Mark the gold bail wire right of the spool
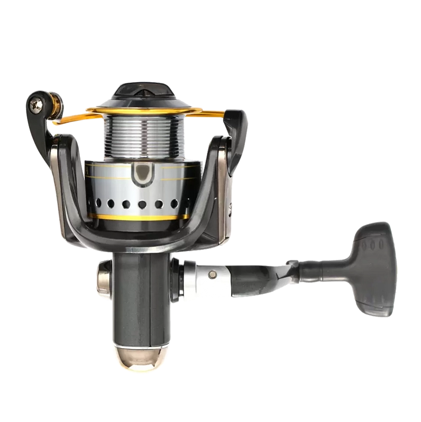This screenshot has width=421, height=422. pos(211,113)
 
